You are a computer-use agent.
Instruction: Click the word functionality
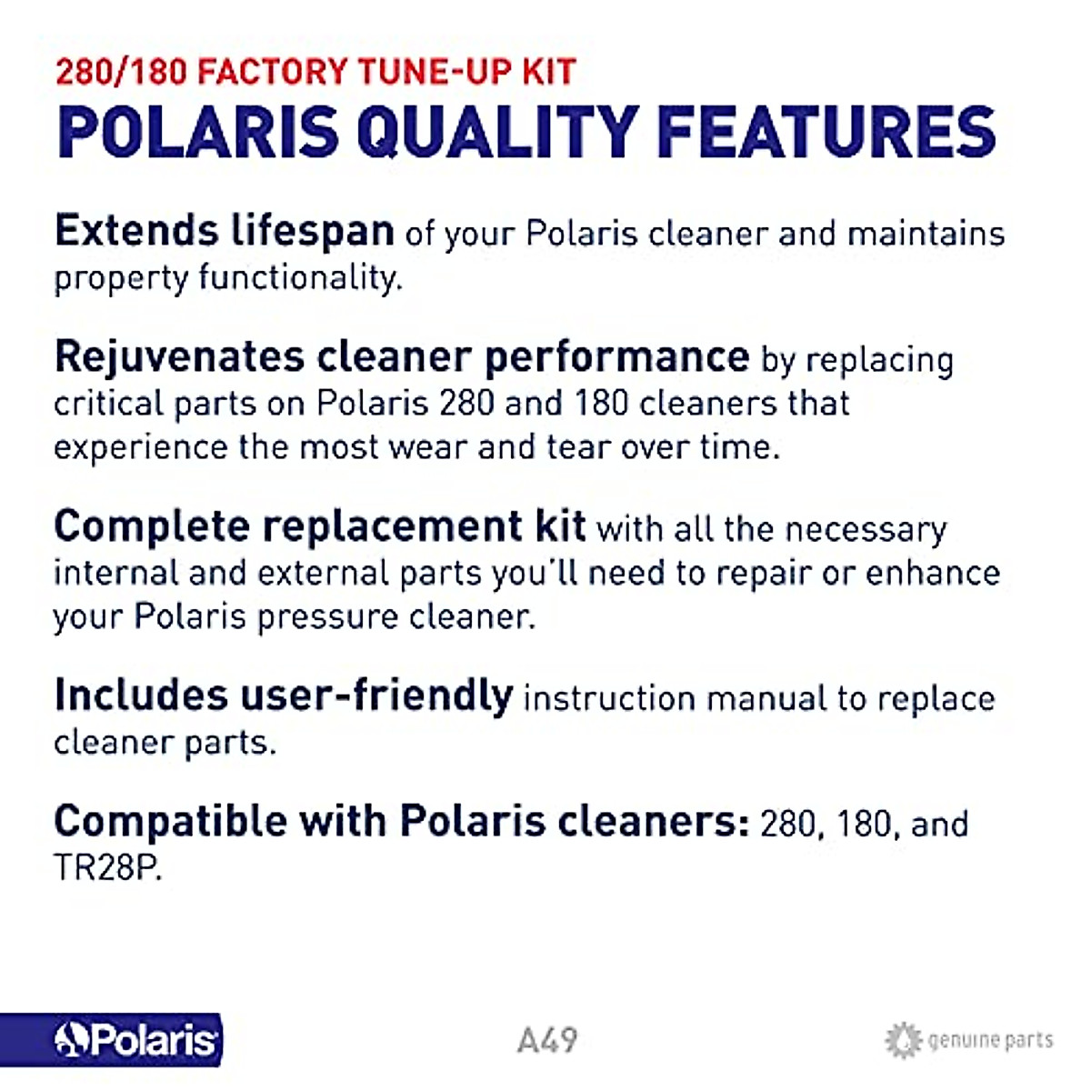(300, 277)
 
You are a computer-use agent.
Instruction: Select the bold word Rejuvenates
(178, 356)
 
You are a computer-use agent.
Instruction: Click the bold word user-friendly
(375, 696)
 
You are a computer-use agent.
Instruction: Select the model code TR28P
(107, 868)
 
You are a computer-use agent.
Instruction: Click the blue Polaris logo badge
(111, 1039)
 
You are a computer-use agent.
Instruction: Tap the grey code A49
(547, 1039)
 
